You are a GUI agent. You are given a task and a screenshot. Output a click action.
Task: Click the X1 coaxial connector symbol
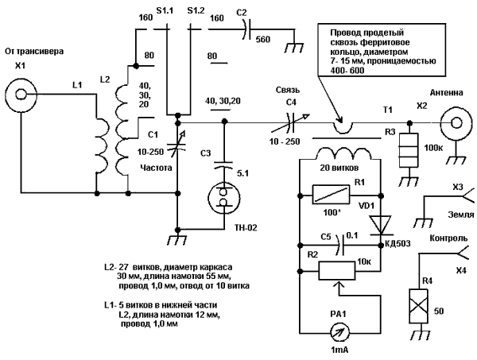[x=21, y=98]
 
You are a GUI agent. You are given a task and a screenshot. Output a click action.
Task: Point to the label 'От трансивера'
[x=33, y=52]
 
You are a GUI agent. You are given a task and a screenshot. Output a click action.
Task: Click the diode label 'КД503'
[x=396, y=243]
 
